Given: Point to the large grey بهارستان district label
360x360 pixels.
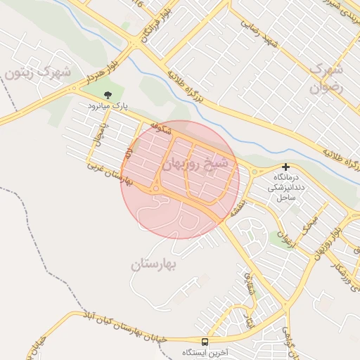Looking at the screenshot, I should coord(155,265).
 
